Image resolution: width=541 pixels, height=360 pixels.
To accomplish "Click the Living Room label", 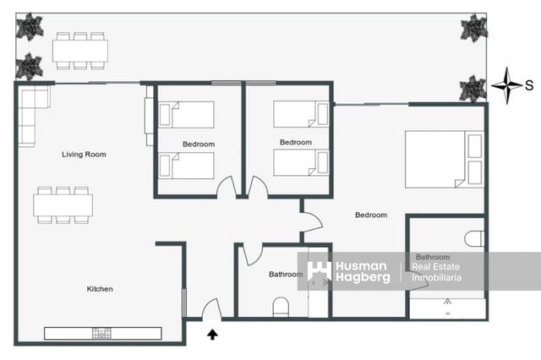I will click(x=84, y=155).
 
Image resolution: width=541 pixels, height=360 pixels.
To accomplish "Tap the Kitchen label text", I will click(x=100, y=289).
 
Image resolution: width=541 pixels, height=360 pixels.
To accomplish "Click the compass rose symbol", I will click(x=506, y=84).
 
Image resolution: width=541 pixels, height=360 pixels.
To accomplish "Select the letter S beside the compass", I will click(x=529, y=85).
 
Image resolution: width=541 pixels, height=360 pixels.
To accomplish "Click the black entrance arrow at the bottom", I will click(x=212, y=334).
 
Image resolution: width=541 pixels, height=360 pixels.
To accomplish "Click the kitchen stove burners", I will click(x=103, y=332).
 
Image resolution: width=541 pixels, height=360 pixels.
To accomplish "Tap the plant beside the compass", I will click(x=473, y=87).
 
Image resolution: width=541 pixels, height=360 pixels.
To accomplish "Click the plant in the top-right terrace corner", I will click(x=473, y=28).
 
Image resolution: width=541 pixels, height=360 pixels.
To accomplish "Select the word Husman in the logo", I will click(x=361, y=265).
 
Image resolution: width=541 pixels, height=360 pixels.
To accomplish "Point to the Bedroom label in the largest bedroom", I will click(x=370, y=215).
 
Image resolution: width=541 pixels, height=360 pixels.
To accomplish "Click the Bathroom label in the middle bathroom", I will click(x=286, y=275).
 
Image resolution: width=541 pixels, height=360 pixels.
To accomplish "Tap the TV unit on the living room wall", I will click(x=150, y=119).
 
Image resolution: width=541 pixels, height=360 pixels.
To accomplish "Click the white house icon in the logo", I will click(x=319, y=271).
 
